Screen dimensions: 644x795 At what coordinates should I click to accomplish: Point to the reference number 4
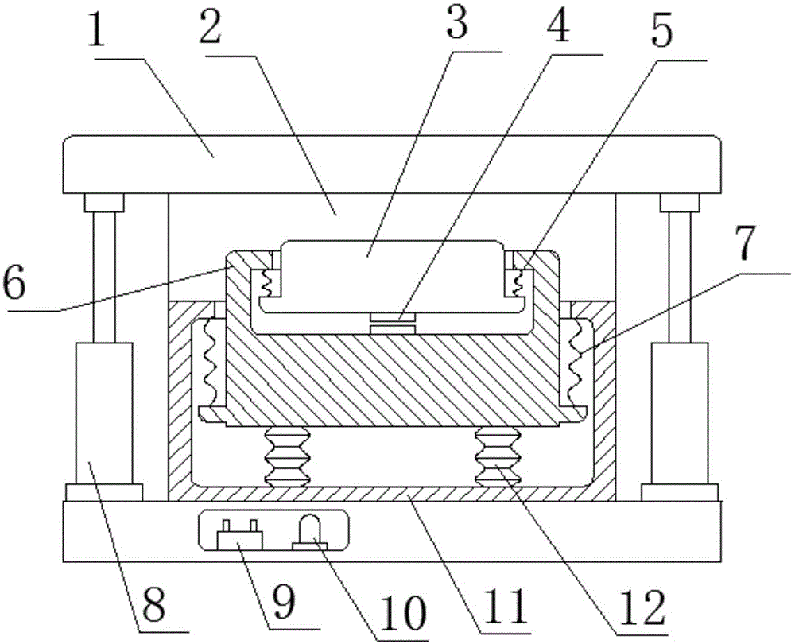557,29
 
